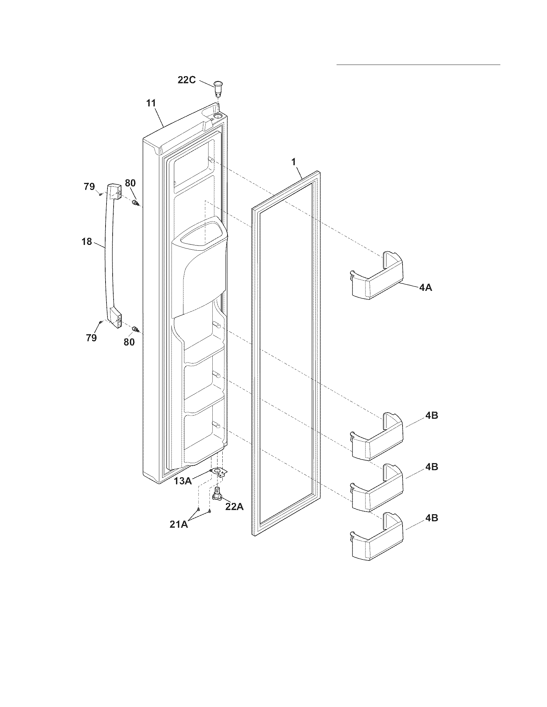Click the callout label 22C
187,80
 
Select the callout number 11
151,103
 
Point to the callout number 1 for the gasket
293,162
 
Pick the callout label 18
87,241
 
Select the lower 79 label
91,338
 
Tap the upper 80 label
130,183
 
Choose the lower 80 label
129,342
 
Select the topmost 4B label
431,416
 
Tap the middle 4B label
431,467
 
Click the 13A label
183,481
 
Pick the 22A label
234,506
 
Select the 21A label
179,524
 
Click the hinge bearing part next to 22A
217,496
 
